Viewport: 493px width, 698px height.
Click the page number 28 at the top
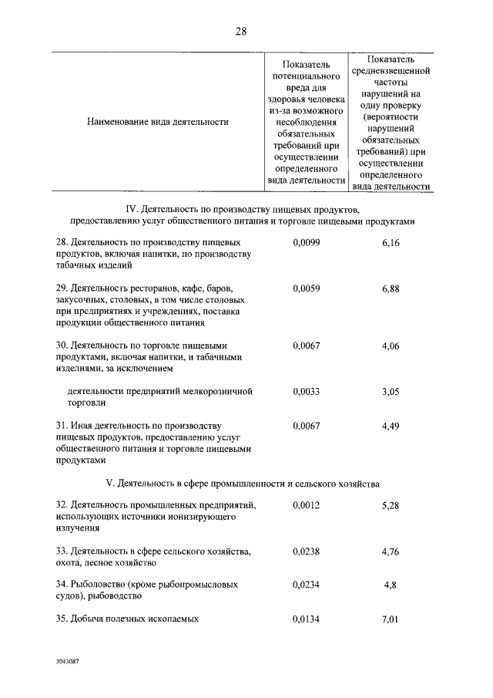241,31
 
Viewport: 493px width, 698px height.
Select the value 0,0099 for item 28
306,242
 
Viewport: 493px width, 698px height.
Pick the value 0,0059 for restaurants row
306,288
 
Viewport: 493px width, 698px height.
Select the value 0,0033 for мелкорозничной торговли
306,391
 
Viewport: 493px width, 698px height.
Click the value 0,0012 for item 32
306,505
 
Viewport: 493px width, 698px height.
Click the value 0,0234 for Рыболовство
306,585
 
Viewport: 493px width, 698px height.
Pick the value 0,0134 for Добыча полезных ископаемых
306,619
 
